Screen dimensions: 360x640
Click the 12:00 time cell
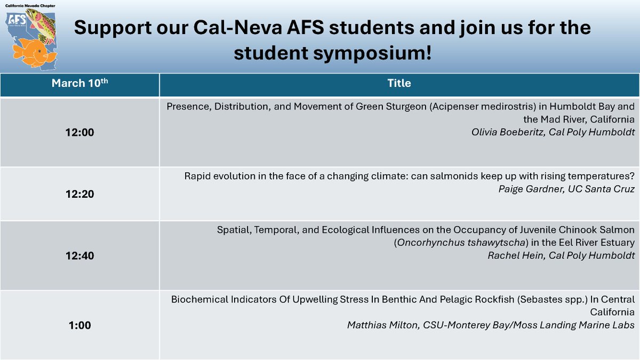(80, 132)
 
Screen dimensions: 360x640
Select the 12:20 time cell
(80, 194)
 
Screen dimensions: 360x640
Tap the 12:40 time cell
(80, 255)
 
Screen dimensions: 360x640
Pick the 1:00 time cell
(80, 325)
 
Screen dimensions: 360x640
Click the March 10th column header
(79, 83)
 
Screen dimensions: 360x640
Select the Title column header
(399, 83)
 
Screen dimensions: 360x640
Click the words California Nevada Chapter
(31, 4)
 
